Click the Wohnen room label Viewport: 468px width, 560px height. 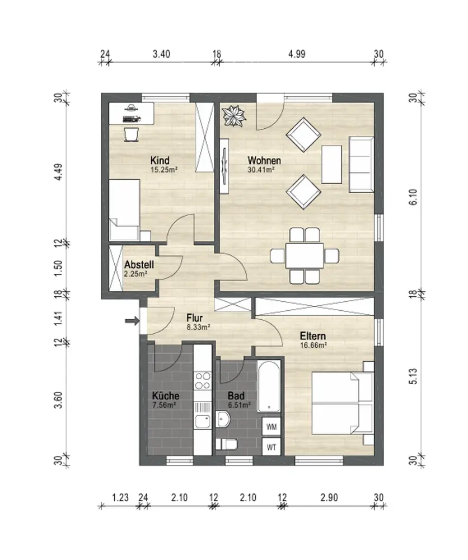click(264, 160)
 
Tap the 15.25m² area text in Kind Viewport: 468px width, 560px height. click(164, 170)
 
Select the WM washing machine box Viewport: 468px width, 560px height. click(272, 427)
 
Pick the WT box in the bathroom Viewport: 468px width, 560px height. click(272, 447)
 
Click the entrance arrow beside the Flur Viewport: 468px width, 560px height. click(132, 321)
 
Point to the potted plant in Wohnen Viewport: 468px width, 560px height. click(234, 115)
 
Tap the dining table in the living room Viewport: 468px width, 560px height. click(305, 255)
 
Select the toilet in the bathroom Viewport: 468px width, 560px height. click(227, 444)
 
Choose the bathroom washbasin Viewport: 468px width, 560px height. click(223, 419)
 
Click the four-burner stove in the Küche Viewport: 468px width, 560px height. click(203, 380)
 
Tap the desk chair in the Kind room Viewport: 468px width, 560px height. click(130, 134)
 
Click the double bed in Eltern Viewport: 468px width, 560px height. click(343, 404)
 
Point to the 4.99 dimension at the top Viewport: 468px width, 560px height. click(297, 54)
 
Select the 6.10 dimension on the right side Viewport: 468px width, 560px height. click(413, 197)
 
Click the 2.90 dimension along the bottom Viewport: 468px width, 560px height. click(329, 497)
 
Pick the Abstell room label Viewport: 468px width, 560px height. click(139, 265)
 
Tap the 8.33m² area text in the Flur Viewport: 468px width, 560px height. click(198, 327)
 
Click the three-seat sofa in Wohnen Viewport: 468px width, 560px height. click(361, 165)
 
